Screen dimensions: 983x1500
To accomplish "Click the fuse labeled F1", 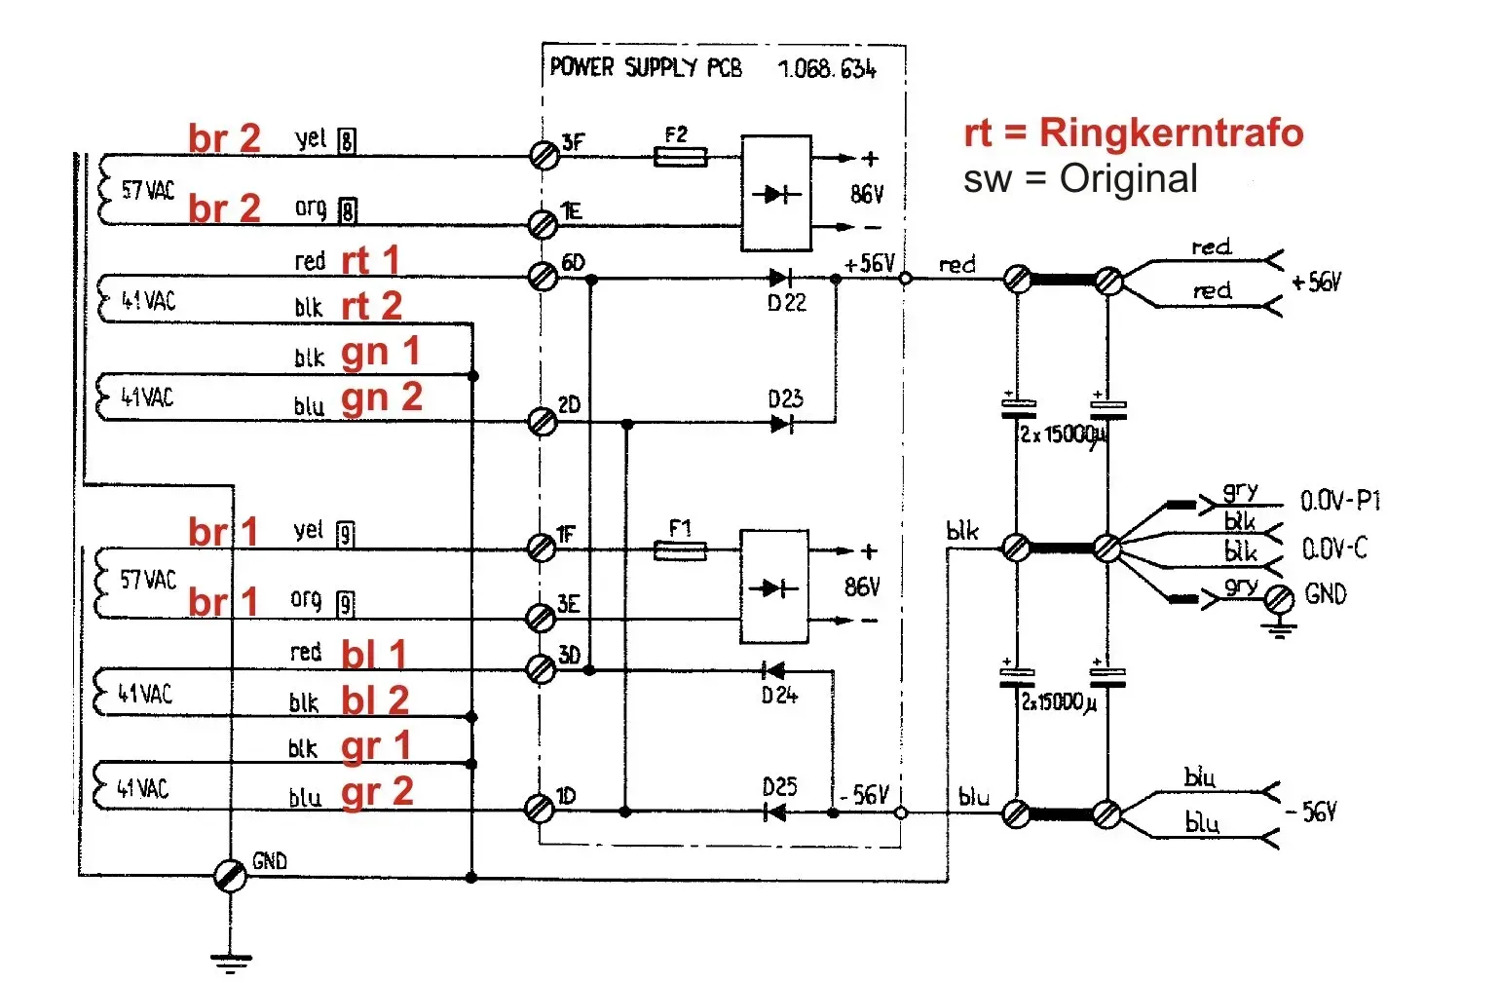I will tap(680, 551).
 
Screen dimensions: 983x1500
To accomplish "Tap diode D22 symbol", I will tap(779, 279).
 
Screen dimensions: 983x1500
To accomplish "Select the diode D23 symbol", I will tap(781, 423).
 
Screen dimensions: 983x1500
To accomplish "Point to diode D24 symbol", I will tap(774, 670).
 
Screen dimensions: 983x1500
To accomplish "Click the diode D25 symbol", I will tap(775, 811).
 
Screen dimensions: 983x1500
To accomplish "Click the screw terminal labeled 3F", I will tap(544, 155).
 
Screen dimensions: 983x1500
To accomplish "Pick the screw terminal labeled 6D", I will tap(543, 277).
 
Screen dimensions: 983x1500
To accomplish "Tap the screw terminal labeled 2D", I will tap(542, 422).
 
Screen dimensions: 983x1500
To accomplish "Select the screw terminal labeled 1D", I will tap(539, 809).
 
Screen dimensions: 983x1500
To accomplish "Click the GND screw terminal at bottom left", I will tap(231, 875).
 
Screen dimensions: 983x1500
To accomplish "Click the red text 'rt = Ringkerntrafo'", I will tap(1133, 132).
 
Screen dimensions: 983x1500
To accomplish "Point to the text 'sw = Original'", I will tap(1080, 179).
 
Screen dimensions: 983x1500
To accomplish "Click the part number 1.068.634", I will tap(827, 69).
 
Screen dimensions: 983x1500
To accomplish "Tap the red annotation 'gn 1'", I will tap(381, 353).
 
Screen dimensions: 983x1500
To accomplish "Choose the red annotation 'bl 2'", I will tap(375, 700).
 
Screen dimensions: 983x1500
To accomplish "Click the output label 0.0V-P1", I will tap(1340, 502).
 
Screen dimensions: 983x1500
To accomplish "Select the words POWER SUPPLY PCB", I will tap(646, 67).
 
